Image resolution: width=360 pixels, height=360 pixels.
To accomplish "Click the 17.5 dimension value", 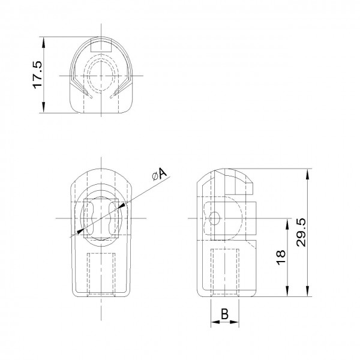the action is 37,75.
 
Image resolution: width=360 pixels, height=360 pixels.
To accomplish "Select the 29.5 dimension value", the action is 301,232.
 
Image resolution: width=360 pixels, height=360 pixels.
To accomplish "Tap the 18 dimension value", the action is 281,257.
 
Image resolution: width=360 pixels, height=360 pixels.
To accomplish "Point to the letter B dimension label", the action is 224,314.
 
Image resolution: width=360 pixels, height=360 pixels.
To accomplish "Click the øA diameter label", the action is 160,175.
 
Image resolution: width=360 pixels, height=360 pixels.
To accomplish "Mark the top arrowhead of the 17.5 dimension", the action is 43,43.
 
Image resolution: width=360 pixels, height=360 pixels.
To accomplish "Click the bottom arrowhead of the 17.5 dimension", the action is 43,107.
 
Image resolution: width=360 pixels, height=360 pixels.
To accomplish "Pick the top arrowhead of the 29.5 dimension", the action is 307,174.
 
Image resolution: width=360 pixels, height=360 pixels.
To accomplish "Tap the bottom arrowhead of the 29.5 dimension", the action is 307,291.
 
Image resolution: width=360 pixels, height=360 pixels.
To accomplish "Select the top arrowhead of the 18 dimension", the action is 287,224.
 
